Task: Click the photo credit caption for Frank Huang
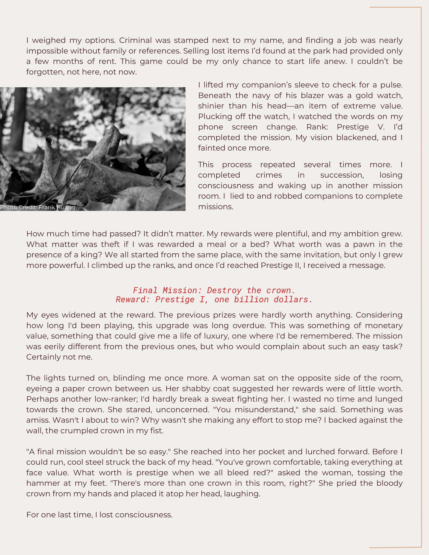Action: tap(38, 207)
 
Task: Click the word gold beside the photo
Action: tap(364, 96)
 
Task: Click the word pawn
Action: tap(363, 244)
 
